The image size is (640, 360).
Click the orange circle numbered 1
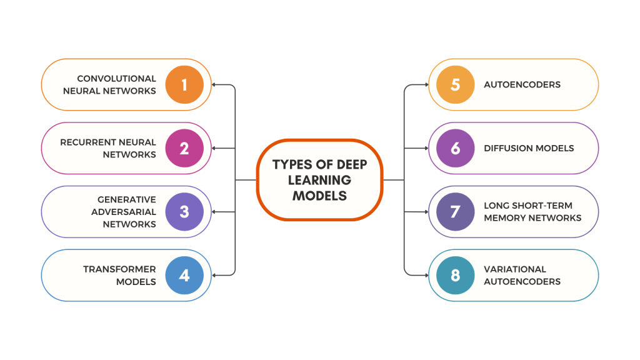coord(184,84)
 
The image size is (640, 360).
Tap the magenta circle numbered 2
coord(184,148)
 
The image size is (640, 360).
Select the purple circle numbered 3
coord(184,211)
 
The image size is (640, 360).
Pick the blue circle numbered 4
coord(184,275)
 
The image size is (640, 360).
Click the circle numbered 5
coord(455,84)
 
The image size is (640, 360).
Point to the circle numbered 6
coord(455,148)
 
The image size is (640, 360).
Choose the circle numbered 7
coord(455,211)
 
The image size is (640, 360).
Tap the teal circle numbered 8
coord(455,275)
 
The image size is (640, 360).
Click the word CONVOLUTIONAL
coord(116,79)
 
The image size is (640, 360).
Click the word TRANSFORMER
coord(119,269)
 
